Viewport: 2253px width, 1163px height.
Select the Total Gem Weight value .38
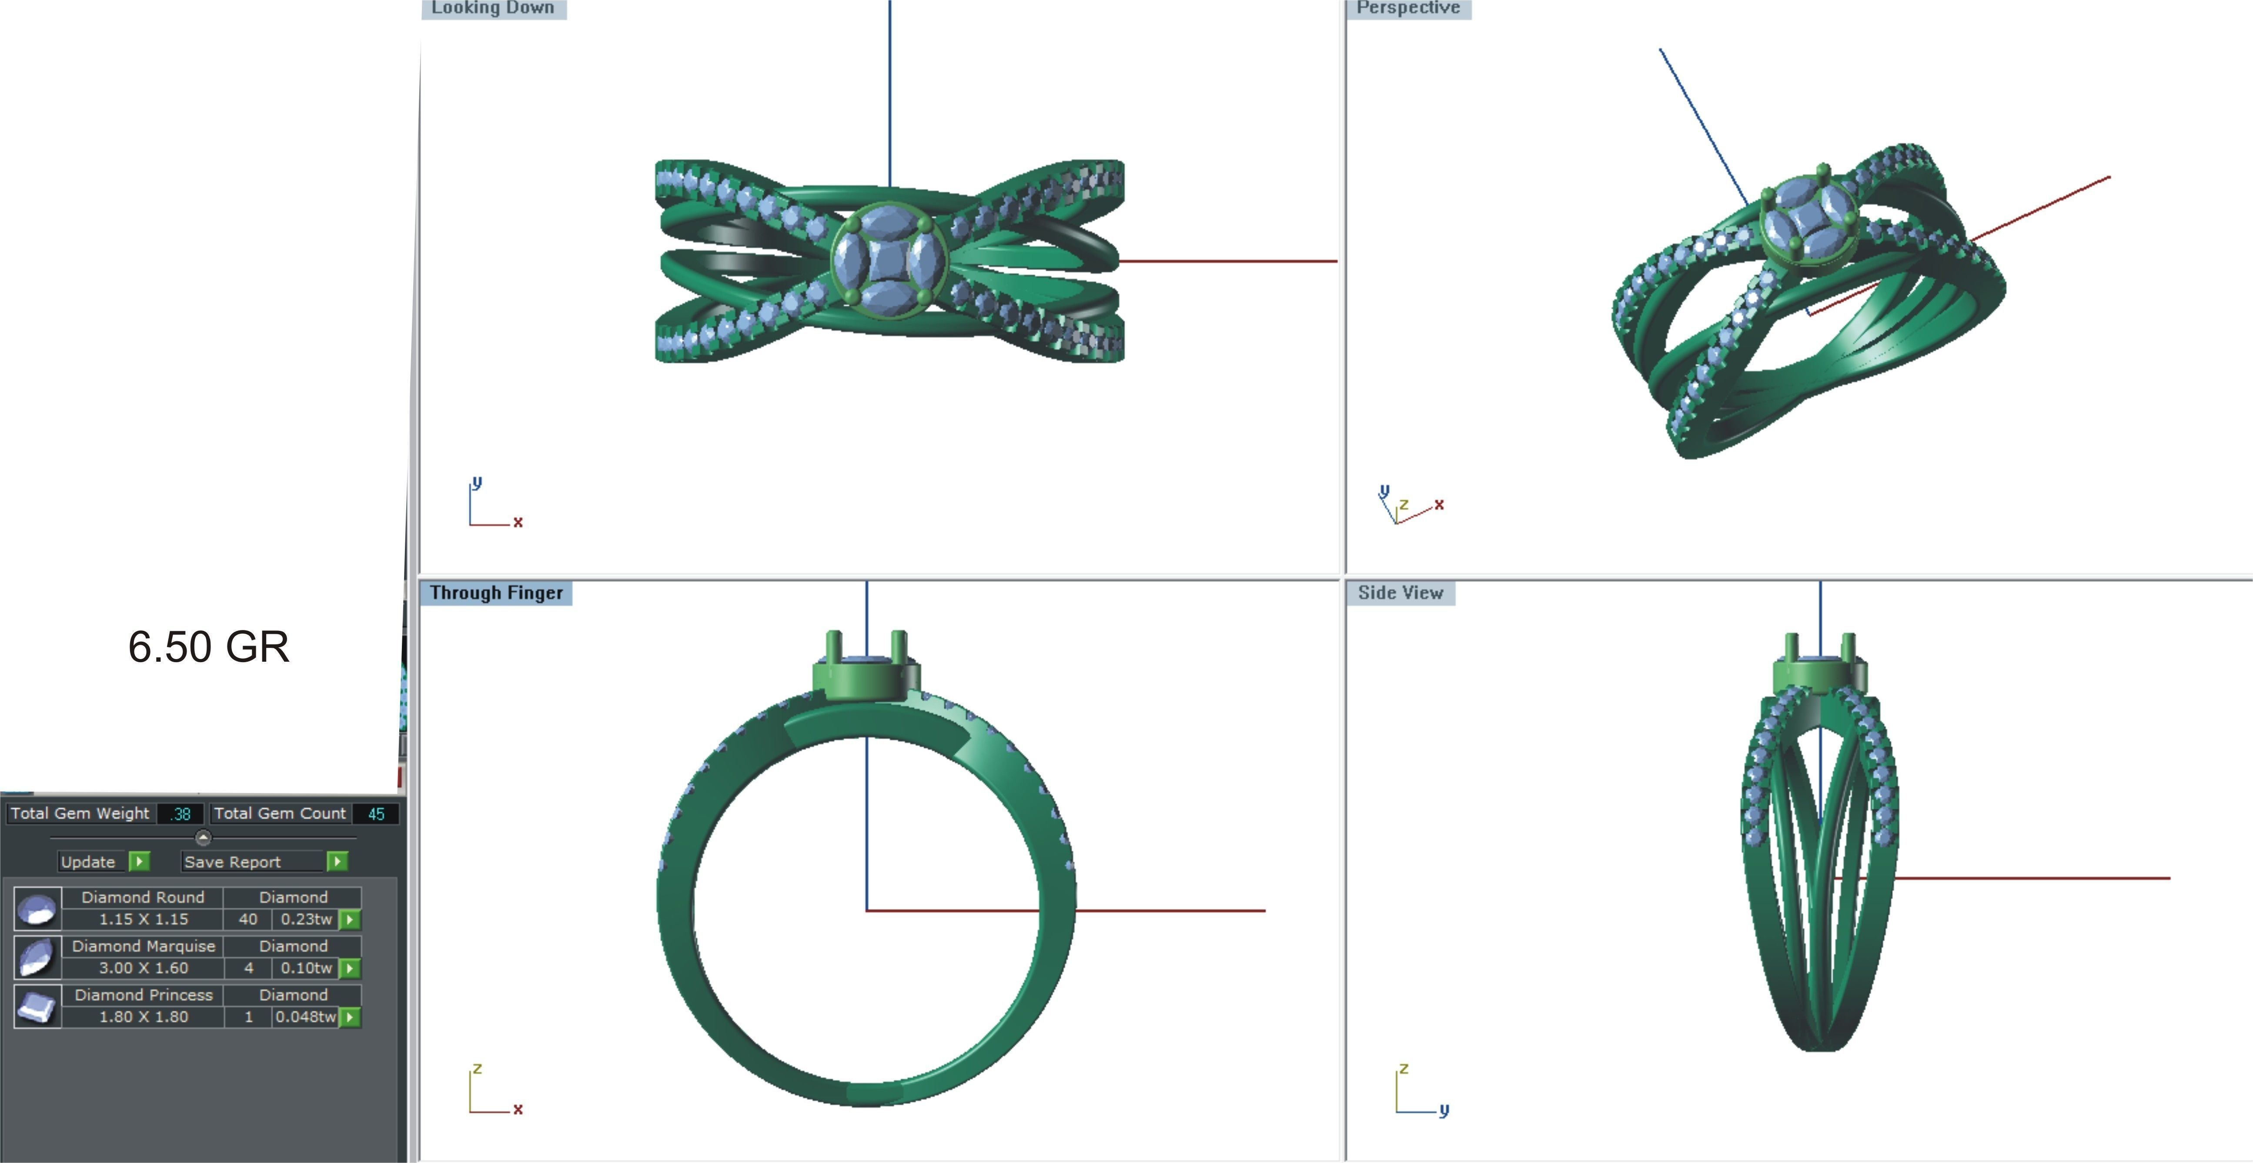click(x=181, y=813)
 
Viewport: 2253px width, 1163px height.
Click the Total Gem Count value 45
click(x=376, y=813)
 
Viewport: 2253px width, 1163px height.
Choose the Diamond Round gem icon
click(x=37, y=909)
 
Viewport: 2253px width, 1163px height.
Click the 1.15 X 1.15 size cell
click(x=144, y=919)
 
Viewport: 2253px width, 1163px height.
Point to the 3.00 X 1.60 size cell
click(x=144, y=968)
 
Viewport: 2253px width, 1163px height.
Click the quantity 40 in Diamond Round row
click(x=248, y=919)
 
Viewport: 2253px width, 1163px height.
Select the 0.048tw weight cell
click(x=305, y=1017)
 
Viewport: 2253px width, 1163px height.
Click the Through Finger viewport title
click(x=496, y=593)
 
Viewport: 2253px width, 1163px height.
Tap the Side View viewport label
click(x=1400, y=593)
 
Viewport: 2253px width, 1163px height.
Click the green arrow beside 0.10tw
click(x=350, y=968)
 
